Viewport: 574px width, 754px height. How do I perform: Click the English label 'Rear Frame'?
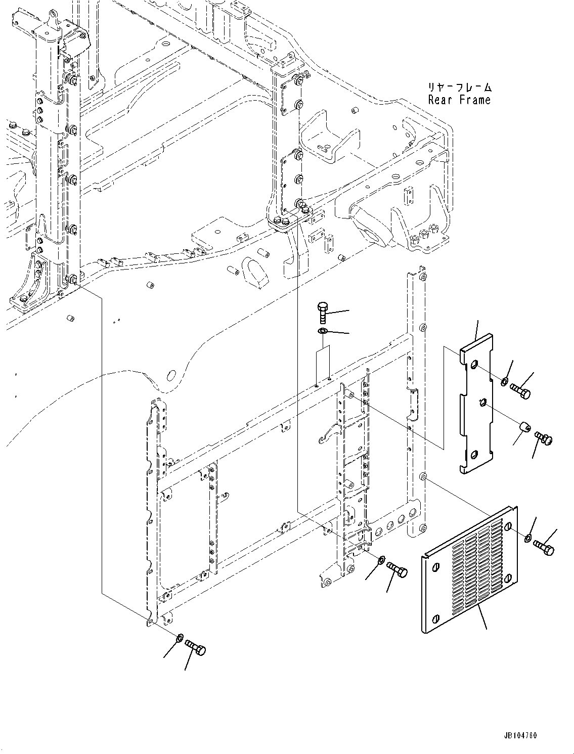(x=459, y=100)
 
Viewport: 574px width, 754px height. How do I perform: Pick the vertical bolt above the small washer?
(x=323, y=314)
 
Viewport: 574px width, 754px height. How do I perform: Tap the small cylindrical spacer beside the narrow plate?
(x=523, y=429)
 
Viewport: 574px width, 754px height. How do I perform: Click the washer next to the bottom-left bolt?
(x=180, y=639)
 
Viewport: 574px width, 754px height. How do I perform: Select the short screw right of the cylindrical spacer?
(x=544, y=437)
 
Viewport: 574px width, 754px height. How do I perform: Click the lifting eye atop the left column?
(x=52, y=18)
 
